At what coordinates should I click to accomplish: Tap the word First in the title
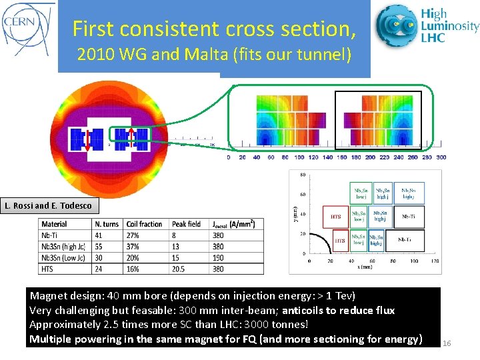(x=93, y=29)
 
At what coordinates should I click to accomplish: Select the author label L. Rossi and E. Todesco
(x=48, y=205)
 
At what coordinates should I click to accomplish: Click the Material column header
(x=55, y=224)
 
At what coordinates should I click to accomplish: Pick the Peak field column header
(x=186, y=224)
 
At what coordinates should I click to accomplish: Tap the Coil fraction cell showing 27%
(x=133, y=235)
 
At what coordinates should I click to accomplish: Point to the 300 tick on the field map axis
(x=441, y=157)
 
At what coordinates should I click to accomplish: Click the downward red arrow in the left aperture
(x=87, y=139)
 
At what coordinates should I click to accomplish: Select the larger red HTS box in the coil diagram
(x=336, y=216)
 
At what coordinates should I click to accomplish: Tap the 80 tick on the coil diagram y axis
(x=302, y=176)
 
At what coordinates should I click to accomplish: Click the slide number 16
(x=447, y=343)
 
